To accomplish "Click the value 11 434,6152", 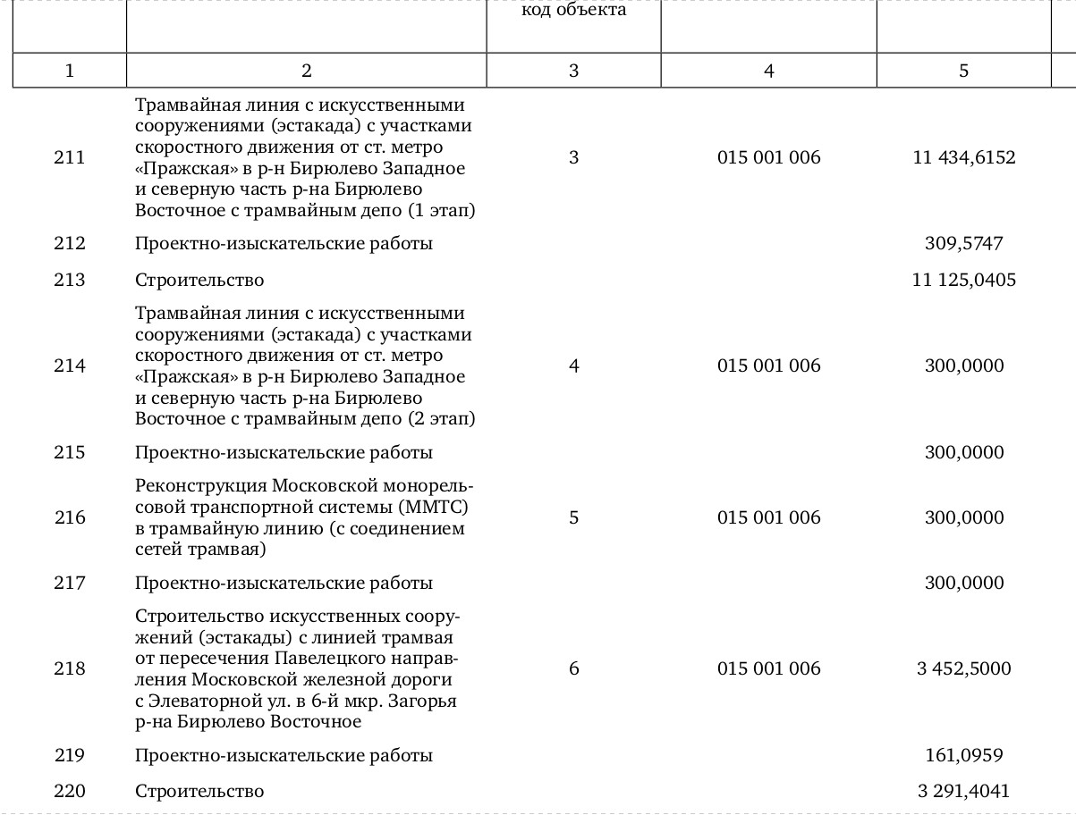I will pyautogui.click(x=963, y=158).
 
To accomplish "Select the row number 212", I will pyautogui.click(x=70, y=244).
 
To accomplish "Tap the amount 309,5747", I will pyautogui.click(x=963, y=244).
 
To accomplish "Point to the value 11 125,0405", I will pyautogui.click(x=963, y=281).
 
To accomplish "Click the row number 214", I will pyautogui.click(x=70, y=366).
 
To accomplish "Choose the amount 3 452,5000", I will pyautogui.click(x=963, y=669).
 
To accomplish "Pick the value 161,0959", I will pyautogui.click(x=963, y=756).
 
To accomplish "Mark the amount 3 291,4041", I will pyautogui.click(x=963, y=792).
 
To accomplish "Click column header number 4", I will pyautogui.click(x=768, y=71).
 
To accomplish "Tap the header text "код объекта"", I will pyautogui.click(x=573, y=11).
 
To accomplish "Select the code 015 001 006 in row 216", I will pyautogui.click(x=768, y=518).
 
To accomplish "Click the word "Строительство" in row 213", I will pyautogui.click(x=199, y=281).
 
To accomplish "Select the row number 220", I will pyautogui.click(x=70, y=792).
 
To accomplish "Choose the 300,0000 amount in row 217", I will pyautogui.click(x=963, y=584).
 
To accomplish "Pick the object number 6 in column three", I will pyautogui.click(x=573, y=669).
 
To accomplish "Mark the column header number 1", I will pyautogui.click(x=70, y=71).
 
